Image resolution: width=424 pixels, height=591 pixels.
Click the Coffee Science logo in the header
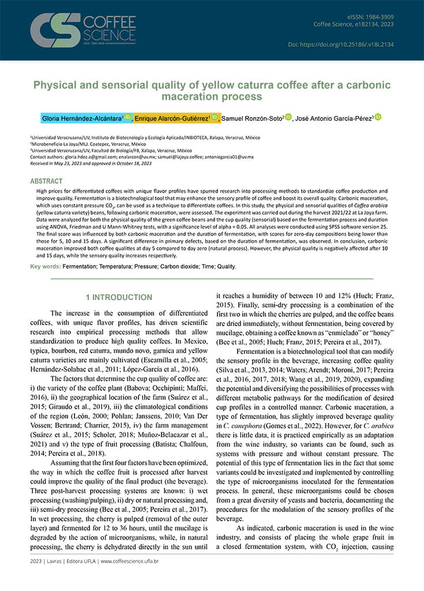pyautogui.click(x=74, y=30)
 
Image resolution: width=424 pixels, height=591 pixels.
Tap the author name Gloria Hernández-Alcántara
pyautogui.click(x=81, y=118)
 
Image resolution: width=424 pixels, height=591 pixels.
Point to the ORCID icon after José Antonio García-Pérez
pyautogui.click(x=378, y=117)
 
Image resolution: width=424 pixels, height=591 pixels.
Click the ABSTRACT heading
pyautogui.click(x=46, y=181)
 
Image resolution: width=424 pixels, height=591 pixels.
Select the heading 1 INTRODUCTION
pyautogui.click(x=119, y=297)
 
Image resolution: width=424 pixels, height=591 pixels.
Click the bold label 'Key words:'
pyautogui.click(x=46, y=267)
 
